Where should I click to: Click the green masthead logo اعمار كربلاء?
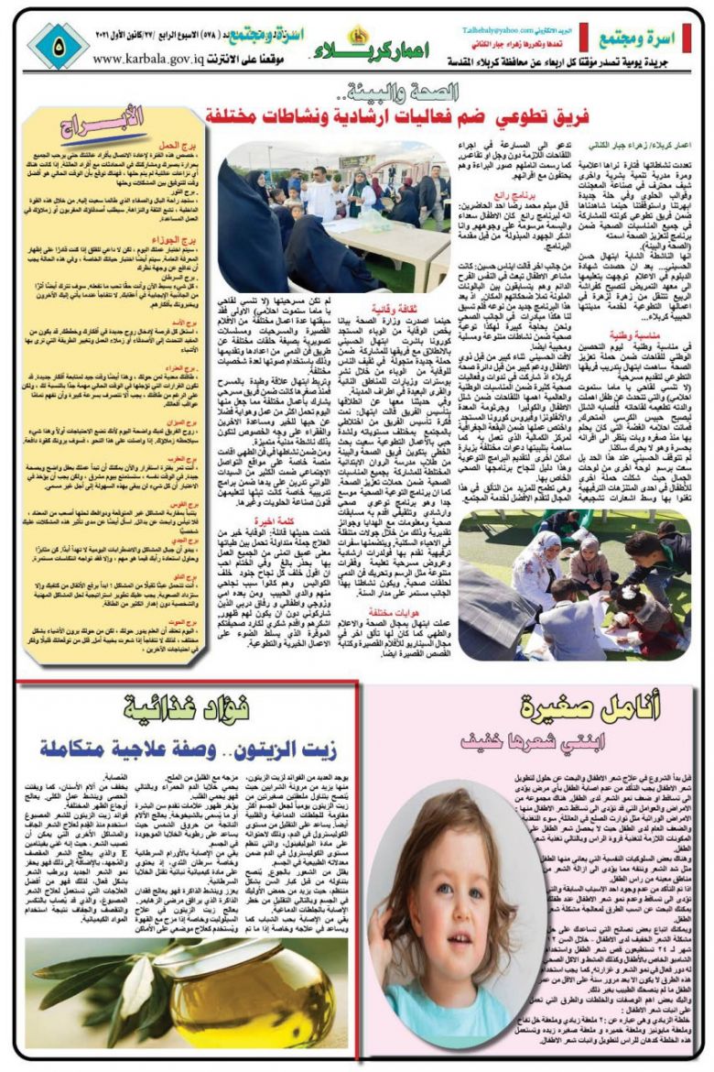tap(371, 49)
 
